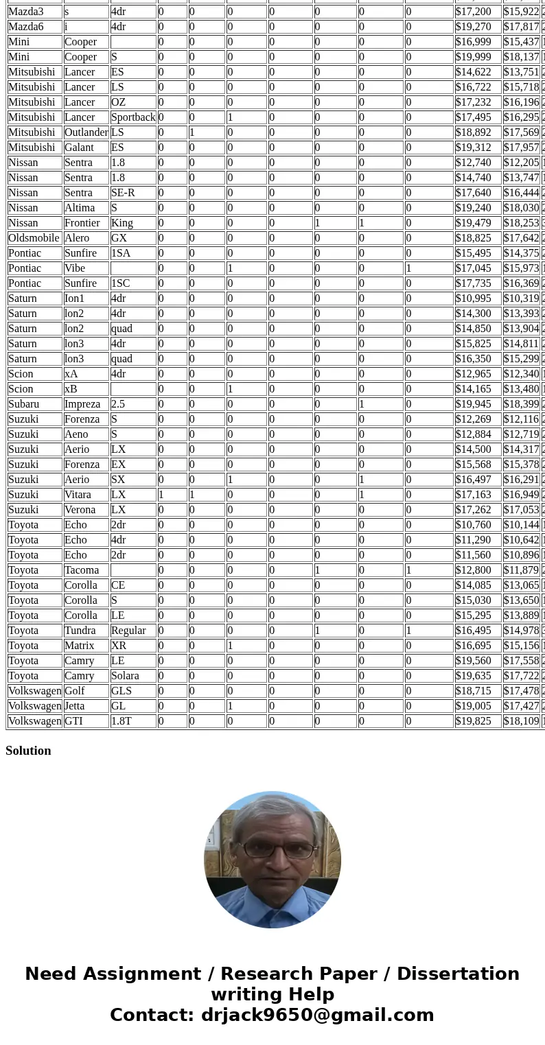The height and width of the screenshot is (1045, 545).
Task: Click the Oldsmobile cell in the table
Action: [34, 238]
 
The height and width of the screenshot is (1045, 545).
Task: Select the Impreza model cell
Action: [82, 404]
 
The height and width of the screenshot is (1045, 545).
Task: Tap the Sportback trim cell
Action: [133, 117]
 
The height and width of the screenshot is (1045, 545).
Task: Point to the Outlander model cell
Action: [86, 132]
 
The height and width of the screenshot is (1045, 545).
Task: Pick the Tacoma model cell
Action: [82, 570]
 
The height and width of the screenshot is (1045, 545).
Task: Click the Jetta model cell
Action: [75, 706]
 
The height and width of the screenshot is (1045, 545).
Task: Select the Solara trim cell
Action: [125, 676]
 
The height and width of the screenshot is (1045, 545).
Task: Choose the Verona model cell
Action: [80, 510]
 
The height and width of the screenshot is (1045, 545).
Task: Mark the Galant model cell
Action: [79, 148]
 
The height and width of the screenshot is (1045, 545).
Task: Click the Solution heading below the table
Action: [28, 751]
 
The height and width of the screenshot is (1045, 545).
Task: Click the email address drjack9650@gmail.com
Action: [317, 1015]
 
